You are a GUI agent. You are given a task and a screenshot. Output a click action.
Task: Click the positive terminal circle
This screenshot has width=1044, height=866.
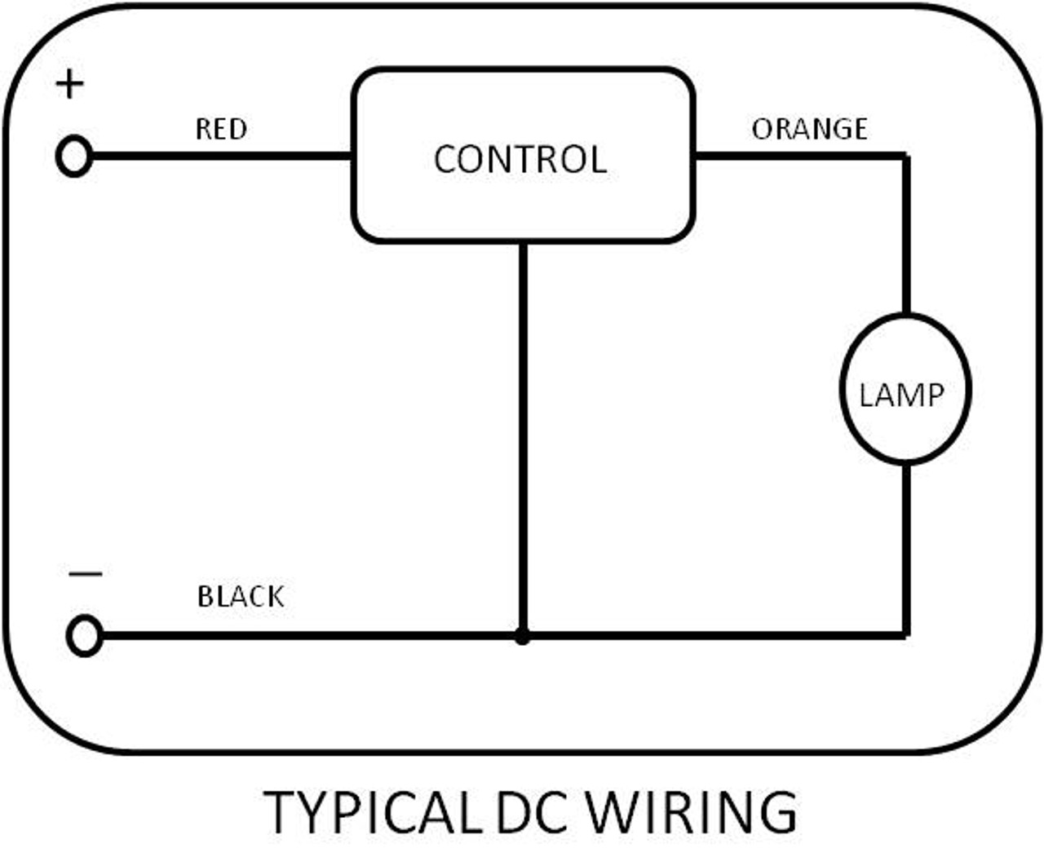pyautogui.click(x=74, y=156)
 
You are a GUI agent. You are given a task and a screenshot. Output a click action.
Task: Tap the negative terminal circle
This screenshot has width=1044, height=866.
pyautogui.click(x=84, y=635)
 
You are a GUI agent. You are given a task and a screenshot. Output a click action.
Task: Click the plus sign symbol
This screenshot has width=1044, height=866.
pyautogui.click(x=70, y=84)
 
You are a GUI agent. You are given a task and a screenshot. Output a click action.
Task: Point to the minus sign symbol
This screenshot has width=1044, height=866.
pyautogui.click(x=85, y=574)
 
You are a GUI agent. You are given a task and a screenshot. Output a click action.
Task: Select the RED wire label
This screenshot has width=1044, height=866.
pyautogui.click(x=221, y=129)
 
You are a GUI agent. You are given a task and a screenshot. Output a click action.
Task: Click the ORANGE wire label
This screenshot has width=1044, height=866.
pyautogui.click(x=809, y=129)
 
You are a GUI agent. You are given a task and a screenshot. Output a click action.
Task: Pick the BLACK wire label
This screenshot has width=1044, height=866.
pyautogui.click(x=241, y=597)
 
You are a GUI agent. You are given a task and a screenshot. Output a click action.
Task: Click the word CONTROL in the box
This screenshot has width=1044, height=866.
pyautogui.click(x=520, y=159)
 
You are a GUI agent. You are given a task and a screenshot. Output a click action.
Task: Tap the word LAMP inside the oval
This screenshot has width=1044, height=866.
pyautogui.click(x=901, y=395)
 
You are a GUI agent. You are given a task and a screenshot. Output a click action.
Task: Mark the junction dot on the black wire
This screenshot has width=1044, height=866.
pyautogui.click(x=523, y=636)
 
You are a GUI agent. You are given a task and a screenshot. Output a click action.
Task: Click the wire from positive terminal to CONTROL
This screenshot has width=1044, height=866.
pyautogui.click(x=220, y=155)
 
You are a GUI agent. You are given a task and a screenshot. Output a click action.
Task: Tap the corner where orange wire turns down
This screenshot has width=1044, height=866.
pyautogui.click(x=905, y=155)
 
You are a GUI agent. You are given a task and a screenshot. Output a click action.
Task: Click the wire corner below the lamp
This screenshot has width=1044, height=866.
pyautogui.click(x=905, y=634)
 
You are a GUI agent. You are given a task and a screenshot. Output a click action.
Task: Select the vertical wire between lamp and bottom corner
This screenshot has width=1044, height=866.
pyautogui.click(x=905, y=546)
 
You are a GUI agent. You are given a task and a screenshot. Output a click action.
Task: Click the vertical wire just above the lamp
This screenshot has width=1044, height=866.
pyautogui.click(x=905, y=236)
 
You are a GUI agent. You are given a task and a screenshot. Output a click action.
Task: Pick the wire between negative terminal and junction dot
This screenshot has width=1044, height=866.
pyautogui.click(x=310, y=635)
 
